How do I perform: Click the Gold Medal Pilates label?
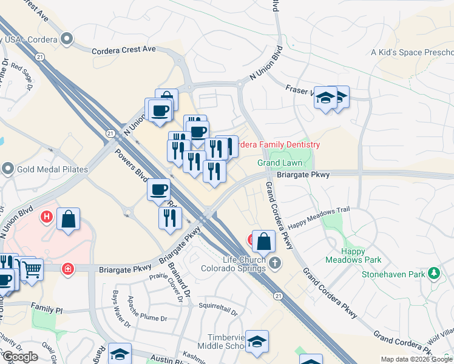point(53,169)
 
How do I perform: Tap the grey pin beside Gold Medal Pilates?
point(8,168)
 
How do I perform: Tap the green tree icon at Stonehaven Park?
point(433,274)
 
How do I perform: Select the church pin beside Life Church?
point(275,263)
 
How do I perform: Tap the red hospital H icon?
point(46,215)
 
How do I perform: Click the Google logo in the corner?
point(20,357)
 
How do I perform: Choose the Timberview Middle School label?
point(224,341)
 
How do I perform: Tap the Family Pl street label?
point(48,309)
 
